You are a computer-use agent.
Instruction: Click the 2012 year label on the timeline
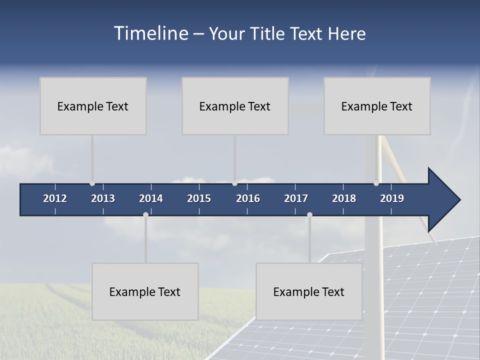pyautogui.click(x=55, y=198)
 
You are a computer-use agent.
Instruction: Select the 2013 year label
pyautogui.click(x=103, y=198)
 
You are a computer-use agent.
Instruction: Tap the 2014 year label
pyautogui.click(x=151, y=198)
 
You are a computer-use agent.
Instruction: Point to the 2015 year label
pyautogui.click(x=199, y=198)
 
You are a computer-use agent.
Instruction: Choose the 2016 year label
pyautogui.click(x=248, y=198)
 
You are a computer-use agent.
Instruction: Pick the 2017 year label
pyautogui.click(x=296, y=198)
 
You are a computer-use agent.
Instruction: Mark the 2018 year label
pyautogui.click(x=344, y=198)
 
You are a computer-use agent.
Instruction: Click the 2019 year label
pyautogui.click(x=392, y=198)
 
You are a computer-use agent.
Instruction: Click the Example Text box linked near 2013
pyautogui.click(x=93, y=106)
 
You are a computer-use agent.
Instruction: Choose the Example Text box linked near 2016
pyautogui.click(x=235, y=106)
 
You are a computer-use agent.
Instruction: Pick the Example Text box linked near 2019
pyautogui.click(x=377, y=106)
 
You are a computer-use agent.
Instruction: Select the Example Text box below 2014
pyautogui.click(x=145, y=291)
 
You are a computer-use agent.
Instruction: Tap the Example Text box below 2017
pyautogui.click(x=309, y=291)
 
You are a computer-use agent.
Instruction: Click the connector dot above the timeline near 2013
pyautogui.click(x=92, y=183)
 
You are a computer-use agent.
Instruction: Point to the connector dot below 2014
pyautogui.click(x=145, y=214)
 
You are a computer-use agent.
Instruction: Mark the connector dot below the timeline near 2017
pyautogui.click(x=309, y=214)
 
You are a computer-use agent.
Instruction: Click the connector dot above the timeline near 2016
pyautogui.click(x=234, y=183)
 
